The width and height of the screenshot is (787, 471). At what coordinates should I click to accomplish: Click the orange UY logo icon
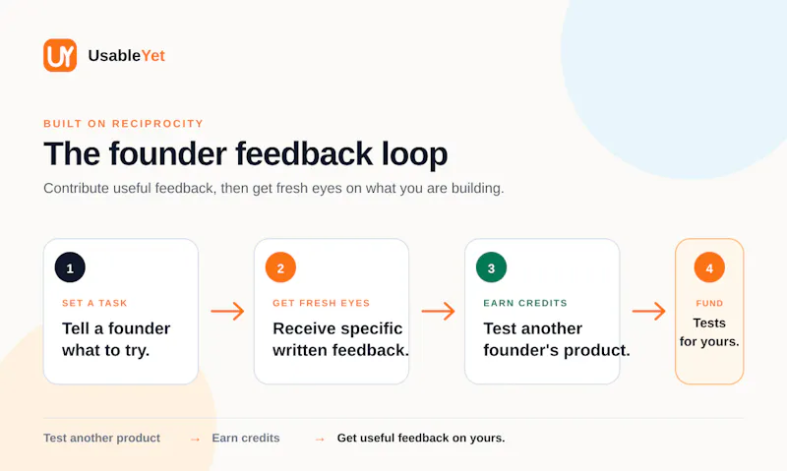[x=60, y=55]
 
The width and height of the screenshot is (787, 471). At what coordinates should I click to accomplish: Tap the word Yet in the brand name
[x=153, y=56]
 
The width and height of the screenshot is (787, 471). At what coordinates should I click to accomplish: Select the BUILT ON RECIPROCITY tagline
[x=124, y=124]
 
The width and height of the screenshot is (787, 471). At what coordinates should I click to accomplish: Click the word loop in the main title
[x=414, y=154]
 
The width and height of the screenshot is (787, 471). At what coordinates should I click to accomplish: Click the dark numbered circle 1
[x=70, y=267]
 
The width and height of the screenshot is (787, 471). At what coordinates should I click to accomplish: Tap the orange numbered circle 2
[x=280, y=267]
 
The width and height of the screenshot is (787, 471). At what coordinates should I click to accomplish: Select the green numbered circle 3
[x=491, y=267]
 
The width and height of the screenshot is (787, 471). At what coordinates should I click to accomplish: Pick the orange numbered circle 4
[x=709, y=267]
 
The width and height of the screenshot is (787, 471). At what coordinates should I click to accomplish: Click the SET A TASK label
[x=94, y=303]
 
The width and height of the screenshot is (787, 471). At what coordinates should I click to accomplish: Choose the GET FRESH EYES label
[x=322, y=303]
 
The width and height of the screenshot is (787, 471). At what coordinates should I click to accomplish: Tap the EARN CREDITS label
[x=525, y=303]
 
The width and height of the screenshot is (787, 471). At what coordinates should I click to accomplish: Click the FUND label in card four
[x=709, y=303]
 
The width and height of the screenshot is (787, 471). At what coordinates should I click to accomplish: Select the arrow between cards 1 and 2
[x=227, y=312]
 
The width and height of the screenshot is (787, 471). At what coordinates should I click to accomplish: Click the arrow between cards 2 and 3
[x=438, y=312]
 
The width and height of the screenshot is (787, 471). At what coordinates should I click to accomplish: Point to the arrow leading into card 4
[x=649, y=312]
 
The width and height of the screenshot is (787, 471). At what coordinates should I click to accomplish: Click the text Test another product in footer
[x=102, y=438]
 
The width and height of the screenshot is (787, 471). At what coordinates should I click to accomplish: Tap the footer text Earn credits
[x=246, y=438]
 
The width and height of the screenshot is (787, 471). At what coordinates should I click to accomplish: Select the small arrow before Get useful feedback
[x=320, y=440]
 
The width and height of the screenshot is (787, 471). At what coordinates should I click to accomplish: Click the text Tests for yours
[x=709, y=332]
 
